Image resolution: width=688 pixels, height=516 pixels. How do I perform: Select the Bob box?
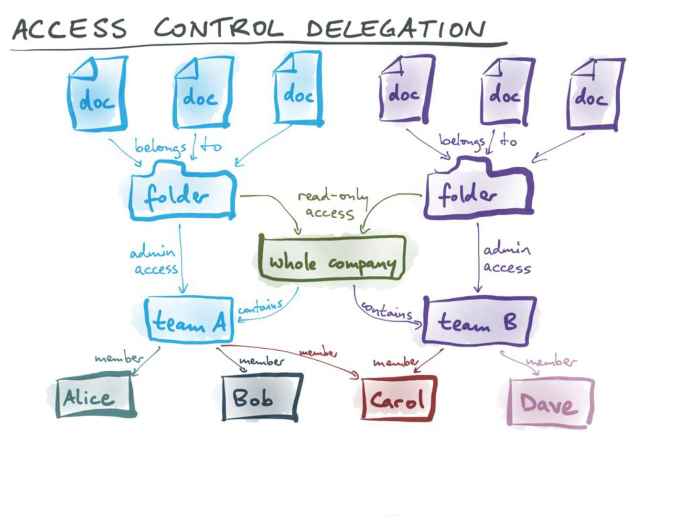261,398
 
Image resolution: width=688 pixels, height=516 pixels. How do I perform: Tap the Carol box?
398,399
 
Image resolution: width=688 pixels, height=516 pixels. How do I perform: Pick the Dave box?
550,403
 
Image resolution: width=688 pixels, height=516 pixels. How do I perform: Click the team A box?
189,321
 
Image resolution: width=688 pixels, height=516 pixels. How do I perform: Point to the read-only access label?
332,204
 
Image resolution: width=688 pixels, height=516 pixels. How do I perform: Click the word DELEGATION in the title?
396,28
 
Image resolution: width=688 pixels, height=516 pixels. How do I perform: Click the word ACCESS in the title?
70,28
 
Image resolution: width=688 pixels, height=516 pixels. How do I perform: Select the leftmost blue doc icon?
97,94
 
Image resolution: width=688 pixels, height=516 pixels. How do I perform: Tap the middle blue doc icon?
203,93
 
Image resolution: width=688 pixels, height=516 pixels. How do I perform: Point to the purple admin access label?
506,258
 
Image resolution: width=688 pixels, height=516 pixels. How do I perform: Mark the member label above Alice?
118,357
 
